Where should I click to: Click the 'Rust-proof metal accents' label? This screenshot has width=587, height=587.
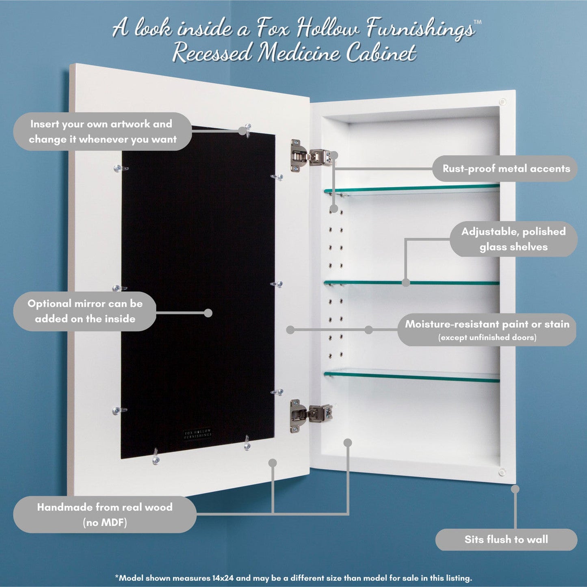click(506, 169)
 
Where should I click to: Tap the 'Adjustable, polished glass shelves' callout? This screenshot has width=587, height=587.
click(513, 239)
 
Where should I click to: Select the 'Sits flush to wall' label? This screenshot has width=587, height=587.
click(506, 539)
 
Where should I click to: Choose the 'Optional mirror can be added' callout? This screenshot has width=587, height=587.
click(85, 311)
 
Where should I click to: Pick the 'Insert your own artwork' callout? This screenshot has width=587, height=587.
click(102, 131)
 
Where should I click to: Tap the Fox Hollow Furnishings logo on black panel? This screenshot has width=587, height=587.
click(197, 434)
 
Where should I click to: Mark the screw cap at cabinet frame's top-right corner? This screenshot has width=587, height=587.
click(503, 102)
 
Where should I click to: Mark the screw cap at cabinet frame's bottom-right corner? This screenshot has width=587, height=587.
click(502, 472)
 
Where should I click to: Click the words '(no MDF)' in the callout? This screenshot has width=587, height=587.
click(105, 522)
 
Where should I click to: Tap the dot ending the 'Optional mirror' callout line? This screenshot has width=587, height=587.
click(208, 313)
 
